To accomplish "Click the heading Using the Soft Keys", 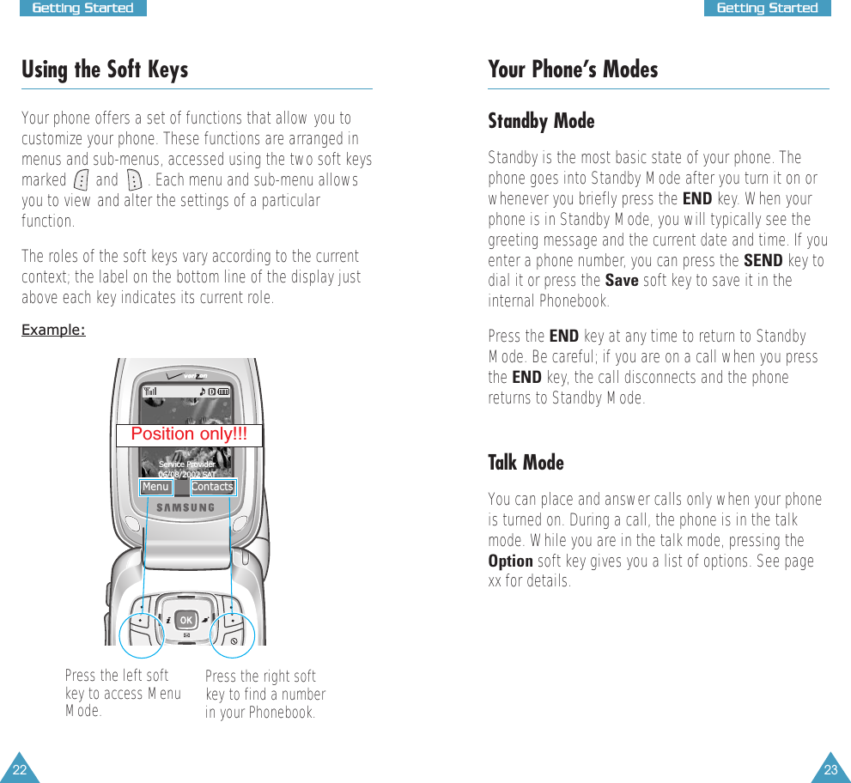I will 105,70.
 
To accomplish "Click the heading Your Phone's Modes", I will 573,70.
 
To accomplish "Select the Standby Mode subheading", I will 541,121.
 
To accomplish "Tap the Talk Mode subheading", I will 526,463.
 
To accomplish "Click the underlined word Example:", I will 53,331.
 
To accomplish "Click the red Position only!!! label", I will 189,434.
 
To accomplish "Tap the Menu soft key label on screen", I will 155,487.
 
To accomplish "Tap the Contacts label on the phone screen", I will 212,487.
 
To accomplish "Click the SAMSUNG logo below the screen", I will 185,507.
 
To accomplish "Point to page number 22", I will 19,769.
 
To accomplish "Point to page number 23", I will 830,769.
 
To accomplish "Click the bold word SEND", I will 763,260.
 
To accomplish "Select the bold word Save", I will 622,281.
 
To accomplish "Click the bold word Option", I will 510,561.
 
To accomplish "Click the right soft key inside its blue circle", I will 233,617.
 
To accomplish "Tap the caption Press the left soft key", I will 123,693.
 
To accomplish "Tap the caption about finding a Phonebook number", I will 265,695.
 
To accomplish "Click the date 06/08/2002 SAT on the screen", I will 187,473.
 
